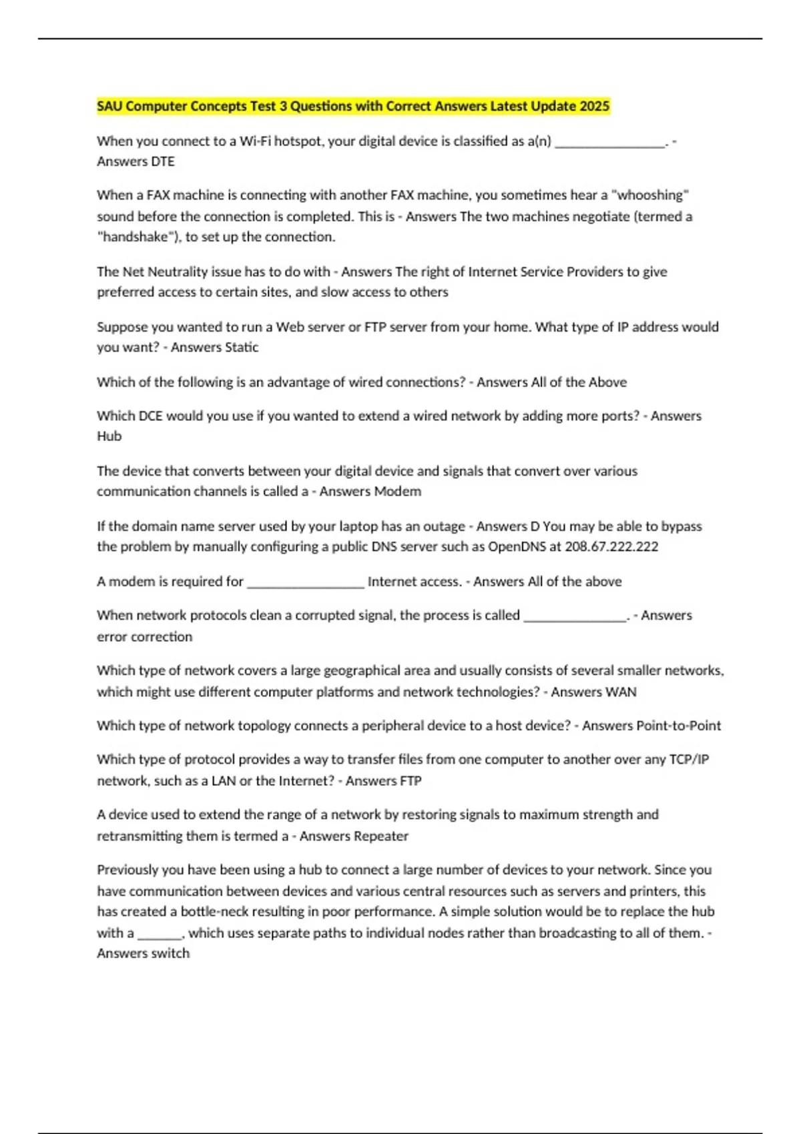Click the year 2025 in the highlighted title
[594, 106]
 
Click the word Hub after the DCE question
[109, 436]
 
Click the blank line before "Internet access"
[306, 582]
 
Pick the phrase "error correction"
[144, 637]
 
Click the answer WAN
[621, 692]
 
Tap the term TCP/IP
[689, 760]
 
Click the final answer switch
[171, 954]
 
